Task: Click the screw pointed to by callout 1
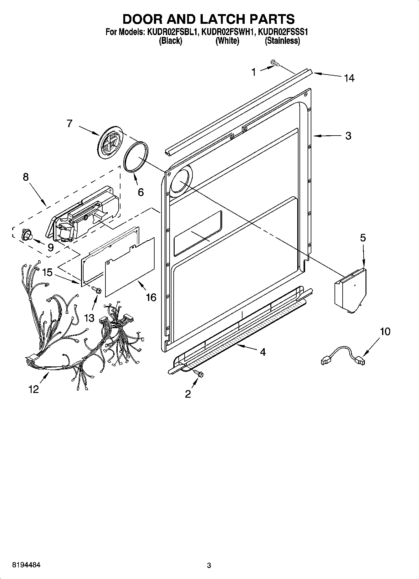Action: click(x=275, y=63)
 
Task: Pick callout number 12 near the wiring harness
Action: click(x=33, y=389)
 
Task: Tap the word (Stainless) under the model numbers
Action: click(x=282, y=41)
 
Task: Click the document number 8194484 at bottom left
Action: click(x=26, y=565)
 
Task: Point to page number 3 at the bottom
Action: click(x=209, y=566)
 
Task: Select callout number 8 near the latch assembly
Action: click(x=26, y=177)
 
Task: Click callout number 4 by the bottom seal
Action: click(x=263, y=352)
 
